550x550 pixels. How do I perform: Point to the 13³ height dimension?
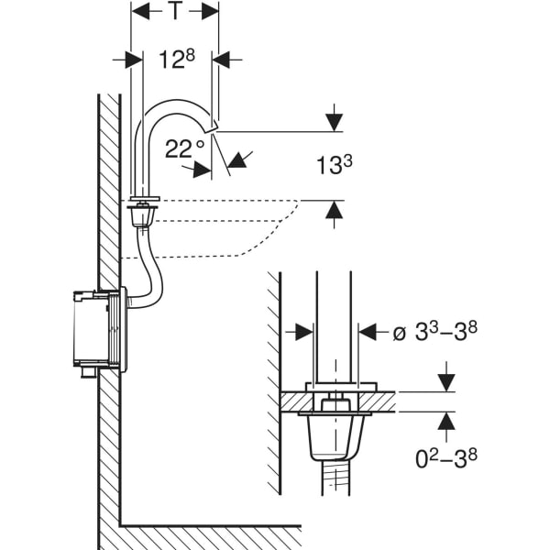tap(335, 165)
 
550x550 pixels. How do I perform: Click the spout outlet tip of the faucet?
tap(214, 126)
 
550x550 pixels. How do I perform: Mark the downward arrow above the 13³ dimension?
tap(335, 120)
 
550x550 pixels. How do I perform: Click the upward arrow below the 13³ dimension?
tap(335, 212)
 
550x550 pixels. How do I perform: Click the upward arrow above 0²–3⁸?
tap(446, 422)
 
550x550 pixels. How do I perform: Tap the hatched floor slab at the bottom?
tap(211, 538)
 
